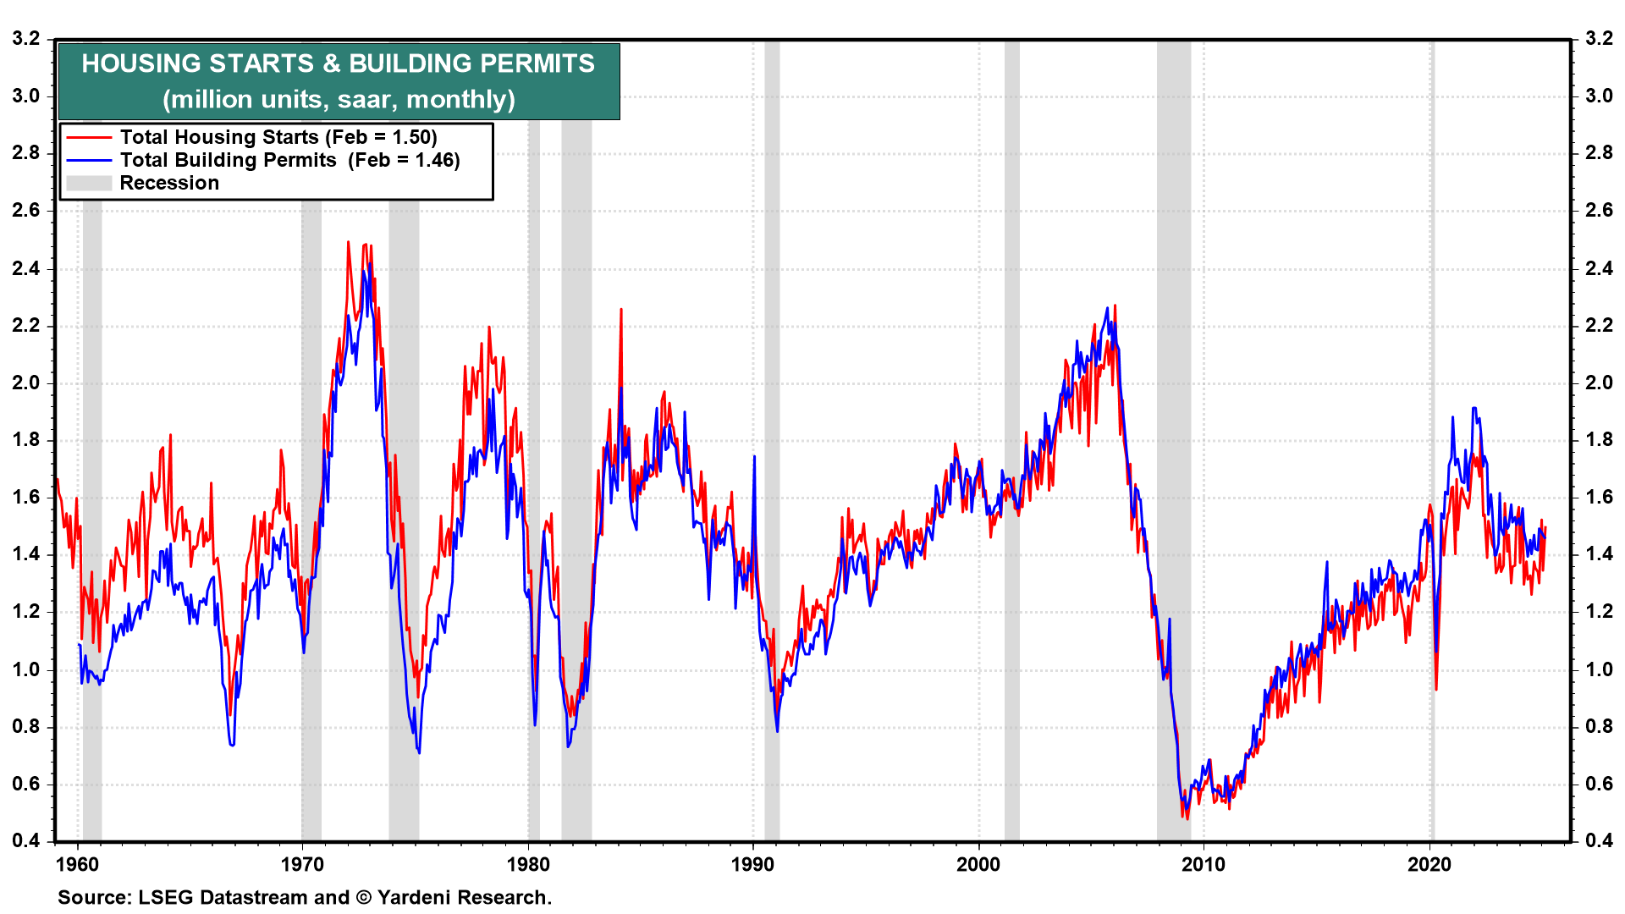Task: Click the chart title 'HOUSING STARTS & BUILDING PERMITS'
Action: pos(338,63)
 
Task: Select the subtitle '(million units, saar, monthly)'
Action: pos(338,100)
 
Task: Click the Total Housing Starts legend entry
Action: pos(278,137)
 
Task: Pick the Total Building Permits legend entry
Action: pos(289,160)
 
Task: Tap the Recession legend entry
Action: pos(168,183)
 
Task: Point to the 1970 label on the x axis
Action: pos(302,864)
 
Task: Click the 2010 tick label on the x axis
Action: pos(1204,864)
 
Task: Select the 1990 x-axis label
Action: pos(753,864)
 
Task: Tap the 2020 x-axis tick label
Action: pos(1429,864)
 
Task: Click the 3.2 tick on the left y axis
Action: pos(26,38)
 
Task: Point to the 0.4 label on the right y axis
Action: pos(1599,840)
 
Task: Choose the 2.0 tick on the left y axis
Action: pos(26,383)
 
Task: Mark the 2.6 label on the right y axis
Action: pos(1599,210)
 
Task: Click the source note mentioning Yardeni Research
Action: pos(305,897)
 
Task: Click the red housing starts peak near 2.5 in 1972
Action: pos(348,243)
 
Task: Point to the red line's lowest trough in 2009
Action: pos(1187,818)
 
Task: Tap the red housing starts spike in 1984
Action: pos(621,310)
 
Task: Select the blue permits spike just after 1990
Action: pos(754,457)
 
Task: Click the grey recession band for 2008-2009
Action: pos(1174,440)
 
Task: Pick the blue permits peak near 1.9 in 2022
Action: pos(1474,409)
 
